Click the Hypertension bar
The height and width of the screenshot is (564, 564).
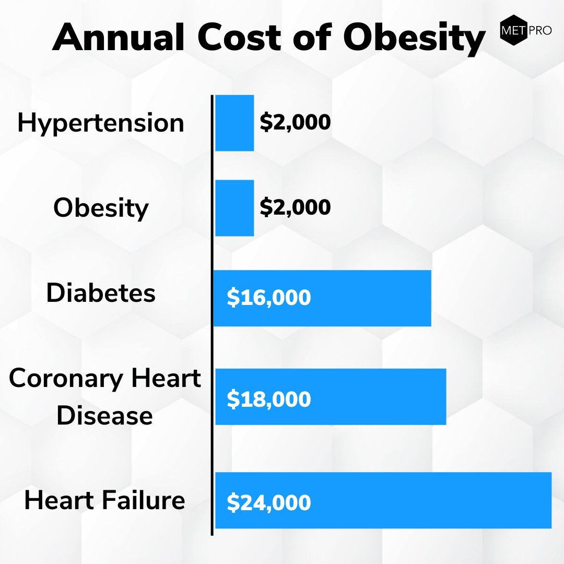pos(234,123)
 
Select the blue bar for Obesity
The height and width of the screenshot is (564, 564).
pos(234,208)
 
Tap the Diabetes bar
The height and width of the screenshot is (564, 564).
pos(322,298)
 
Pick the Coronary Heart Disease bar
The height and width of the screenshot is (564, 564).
pos(331,397)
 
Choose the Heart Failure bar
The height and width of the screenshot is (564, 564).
pos(383,500)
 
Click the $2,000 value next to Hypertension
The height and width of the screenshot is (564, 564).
pos(295,122)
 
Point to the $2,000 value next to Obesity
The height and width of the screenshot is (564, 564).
pos(295,207)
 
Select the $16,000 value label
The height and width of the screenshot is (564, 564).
pos(269,298)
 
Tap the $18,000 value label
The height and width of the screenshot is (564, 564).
pos(269,399)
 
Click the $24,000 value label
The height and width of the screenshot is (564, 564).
pos(269,502)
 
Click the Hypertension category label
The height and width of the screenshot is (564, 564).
pos(101,124)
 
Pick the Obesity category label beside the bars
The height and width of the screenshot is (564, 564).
pos(101,208)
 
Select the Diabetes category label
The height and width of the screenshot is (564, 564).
pos(101,293)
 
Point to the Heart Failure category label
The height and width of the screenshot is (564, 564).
pos(104,500)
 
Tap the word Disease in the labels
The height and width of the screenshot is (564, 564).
pos(104,416)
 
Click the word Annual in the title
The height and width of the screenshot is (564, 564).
pos(119,37)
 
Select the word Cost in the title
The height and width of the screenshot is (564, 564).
pos(239,37)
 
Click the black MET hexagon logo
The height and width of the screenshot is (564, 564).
pos(514,30)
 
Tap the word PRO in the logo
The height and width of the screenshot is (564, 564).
pos(540,31)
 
